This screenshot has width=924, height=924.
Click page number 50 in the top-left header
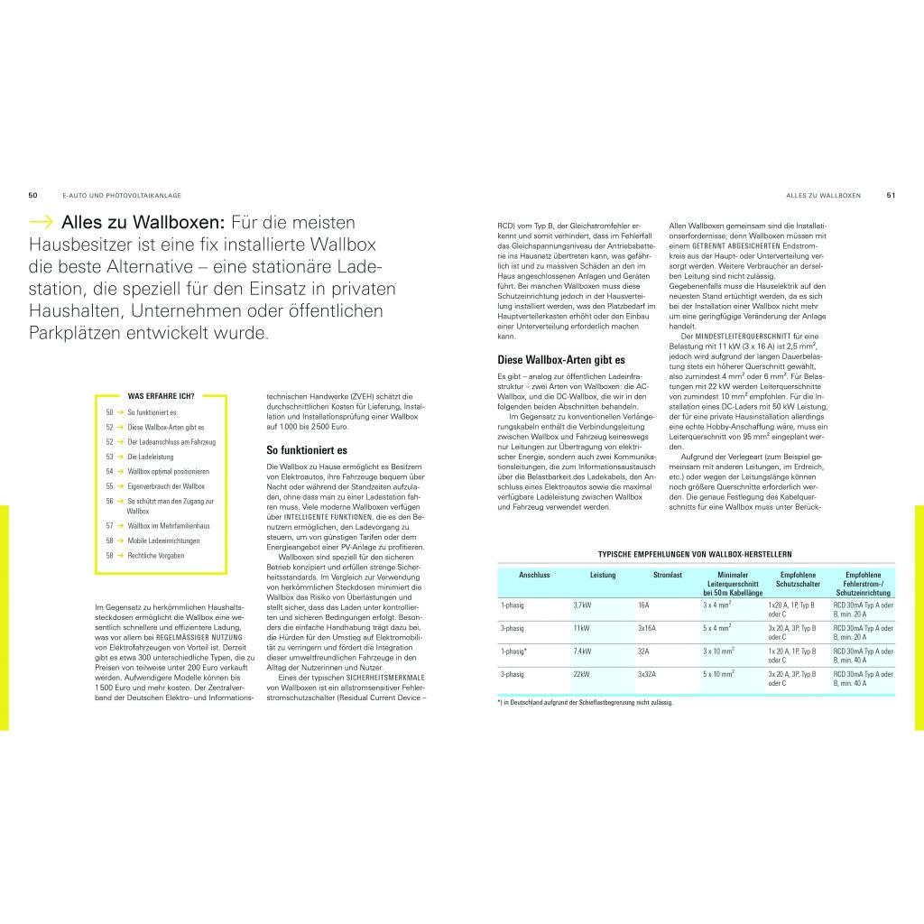pyautogui.click(x=32, y=195)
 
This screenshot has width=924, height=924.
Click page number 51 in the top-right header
pyautogui.click(x=891, y=195)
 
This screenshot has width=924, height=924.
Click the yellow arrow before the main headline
pyautogui.click(x=42, y=223)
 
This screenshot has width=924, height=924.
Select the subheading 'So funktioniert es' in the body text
pyautogui.click(x=307, y=449)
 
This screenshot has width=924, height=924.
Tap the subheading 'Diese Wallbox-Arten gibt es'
pyautogui.click(x=561, y=360)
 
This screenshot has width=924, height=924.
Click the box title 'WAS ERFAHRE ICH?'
pyautogui.click(x=162, y=395)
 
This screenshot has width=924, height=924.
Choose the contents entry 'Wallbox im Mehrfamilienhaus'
pyautogui.click(x=169, y=525)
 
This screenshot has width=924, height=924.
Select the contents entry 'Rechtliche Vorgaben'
pyautogui.click(x=155, y=556)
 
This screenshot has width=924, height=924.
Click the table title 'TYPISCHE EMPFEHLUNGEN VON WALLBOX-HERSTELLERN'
pyautogui.click(x=696, y=554)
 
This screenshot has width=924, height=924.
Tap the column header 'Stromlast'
pyautogui.click(x=669, y=575)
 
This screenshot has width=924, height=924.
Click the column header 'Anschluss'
pyautogui.click(x=534, y=575)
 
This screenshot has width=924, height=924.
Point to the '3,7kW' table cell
pyautogui.click(x=584, y=605)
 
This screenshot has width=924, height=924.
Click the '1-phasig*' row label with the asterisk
pyautogui.click(x=514, y=651)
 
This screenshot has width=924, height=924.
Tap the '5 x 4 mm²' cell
pyautogui.click(x=718, y=627)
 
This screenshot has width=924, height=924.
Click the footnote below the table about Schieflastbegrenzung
pyautogui.click(x=585, y=702)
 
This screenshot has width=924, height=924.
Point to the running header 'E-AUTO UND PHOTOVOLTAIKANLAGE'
pyautogui.click(x=122, y=195)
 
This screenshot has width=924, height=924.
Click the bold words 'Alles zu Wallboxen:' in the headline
pyautogui.click(x=143, y=223)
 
